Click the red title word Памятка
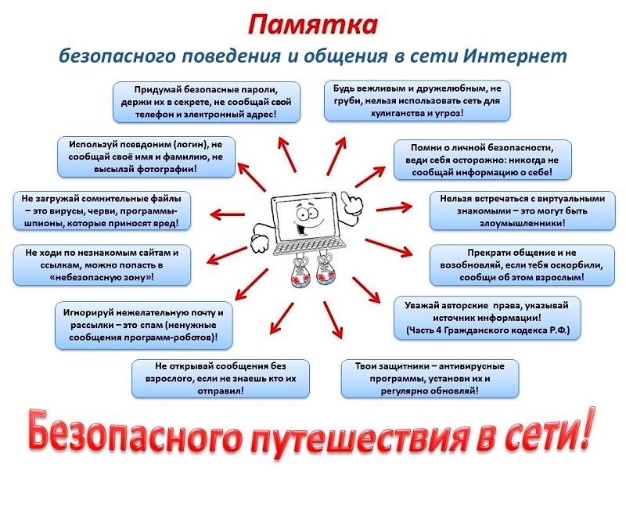point(312,25)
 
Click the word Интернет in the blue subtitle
point(516,56)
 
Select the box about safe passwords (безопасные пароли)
point(207,102)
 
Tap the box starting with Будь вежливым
point(417,101)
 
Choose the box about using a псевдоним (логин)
point(146,157)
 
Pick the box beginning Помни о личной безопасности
point(483,160)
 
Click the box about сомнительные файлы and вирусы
point(102,211)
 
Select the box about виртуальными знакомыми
point(523,211)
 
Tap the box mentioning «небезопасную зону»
point(102,265)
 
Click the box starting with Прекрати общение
point(522,265)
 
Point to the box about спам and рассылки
point(144,325)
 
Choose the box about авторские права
point(487,318)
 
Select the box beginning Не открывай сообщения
point(221,379)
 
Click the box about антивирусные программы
point(430,379)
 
